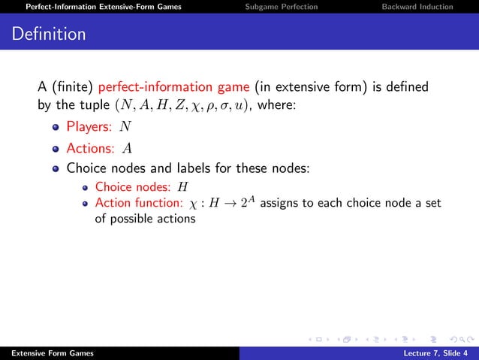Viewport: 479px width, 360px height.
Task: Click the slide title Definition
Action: (49, 35)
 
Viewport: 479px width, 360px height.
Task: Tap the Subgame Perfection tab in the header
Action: (282, 7)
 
